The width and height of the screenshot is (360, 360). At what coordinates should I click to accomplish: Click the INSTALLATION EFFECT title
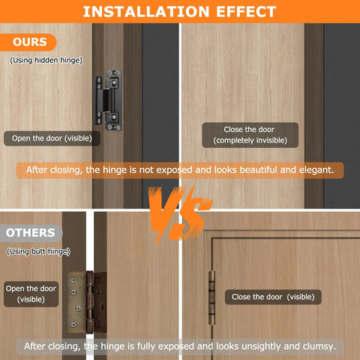pos(180,11)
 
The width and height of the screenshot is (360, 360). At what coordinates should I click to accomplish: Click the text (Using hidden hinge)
pos(46,59)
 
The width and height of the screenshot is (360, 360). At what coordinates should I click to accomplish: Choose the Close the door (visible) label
pos(273,297)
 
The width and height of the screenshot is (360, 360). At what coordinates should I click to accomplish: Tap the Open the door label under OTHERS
pos(31,294)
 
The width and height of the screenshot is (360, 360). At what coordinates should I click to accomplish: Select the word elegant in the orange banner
pos(313,170)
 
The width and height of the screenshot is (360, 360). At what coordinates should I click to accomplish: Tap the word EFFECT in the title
pos(245,11)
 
